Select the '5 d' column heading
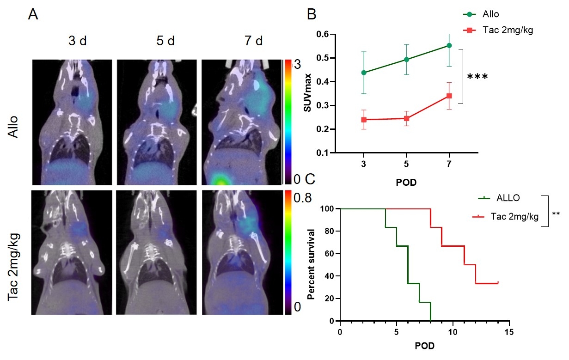point(165,41)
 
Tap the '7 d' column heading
point(252,41)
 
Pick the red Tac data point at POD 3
point(364,120)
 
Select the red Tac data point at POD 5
point(406,118)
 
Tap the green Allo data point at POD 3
point(364,73)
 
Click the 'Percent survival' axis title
point(312,264)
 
